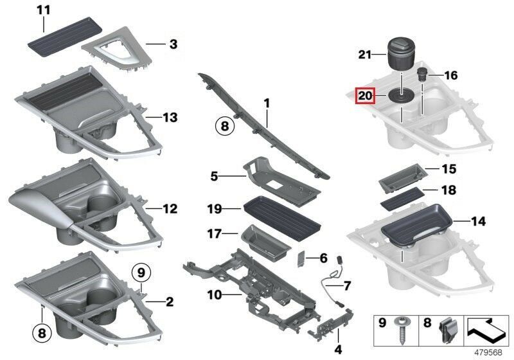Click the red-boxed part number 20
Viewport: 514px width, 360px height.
pyautogui.click(x=366, y=96)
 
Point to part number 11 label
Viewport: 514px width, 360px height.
pyautogui.click(x=43, y=10)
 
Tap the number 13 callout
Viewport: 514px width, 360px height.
pyautogui.click(x=170, y=118)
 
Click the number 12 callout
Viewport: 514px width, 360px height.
pyautogui.click(x=170, y=209)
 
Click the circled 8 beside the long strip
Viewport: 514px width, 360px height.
pyautogui.click(x=224, y=127)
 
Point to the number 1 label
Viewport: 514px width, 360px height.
pyautogui.click(x=267, y=102)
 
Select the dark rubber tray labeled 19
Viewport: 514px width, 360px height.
pyautogui.click(x=283, y=213)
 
